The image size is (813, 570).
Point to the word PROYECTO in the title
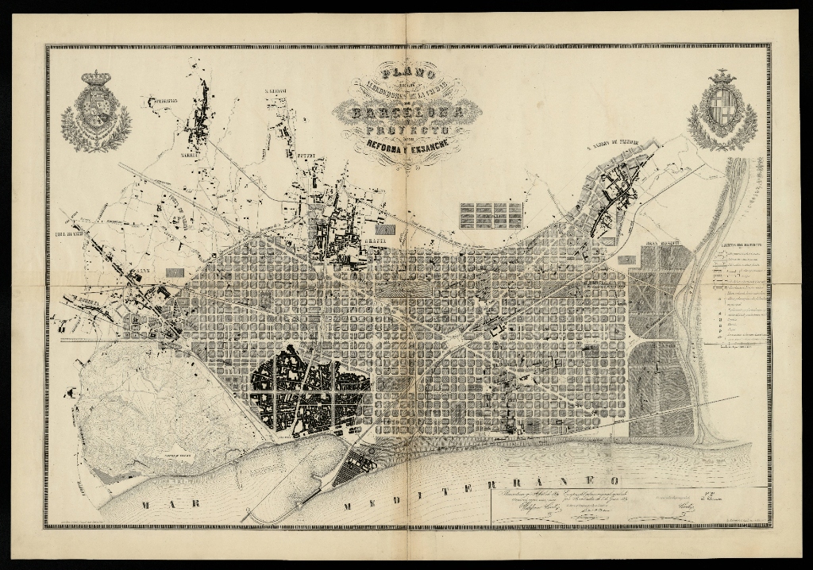(407, 129)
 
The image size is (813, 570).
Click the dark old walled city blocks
(310, 391)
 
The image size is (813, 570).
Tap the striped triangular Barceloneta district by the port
(353, 468)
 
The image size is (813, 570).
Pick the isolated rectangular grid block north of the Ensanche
(491, 215)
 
